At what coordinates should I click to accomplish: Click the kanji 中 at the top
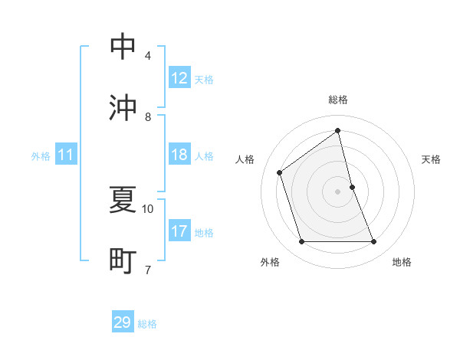click(x=123, y=46)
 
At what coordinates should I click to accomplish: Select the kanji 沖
click(x=123, y=107)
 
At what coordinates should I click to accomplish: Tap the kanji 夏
click(x=123, y=199)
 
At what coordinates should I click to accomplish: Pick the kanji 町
click(x=123, y=260)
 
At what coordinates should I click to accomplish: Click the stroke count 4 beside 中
click(x=148, y=55)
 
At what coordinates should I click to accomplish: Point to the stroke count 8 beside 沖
click(x=148, y=116)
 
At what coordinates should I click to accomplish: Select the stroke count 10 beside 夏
click(x=148, y=208)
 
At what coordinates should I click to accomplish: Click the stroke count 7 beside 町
click(x=148, y=270)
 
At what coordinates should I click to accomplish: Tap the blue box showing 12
click(x=179, y=78)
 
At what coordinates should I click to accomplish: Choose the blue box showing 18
click(x=179, y=155)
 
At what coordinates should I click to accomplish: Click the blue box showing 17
click(x=179, y=231)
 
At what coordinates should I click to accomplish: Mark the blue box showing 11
click(x=66, y=155)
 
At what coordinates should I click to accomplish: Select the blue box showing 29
click(x=123, y=322)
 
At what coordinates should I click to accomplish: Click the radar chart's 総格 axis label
click(x=338, y=100)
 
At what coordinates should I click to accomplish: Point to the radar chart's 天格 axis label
click(x=432, y=159)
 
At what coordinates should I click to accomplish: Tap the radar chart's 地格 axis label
click(x=402, y=263)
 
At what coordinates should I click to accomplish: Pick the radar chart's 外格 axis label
click(x=270, y=263)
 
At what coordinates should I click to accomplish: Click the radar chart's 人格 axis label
click(x=245, y=159)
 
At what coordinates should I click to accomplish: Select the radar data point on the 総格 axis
click(x=338, y=130)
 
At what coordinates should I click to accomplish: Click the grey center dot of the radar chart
click(x=338, y=191)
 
